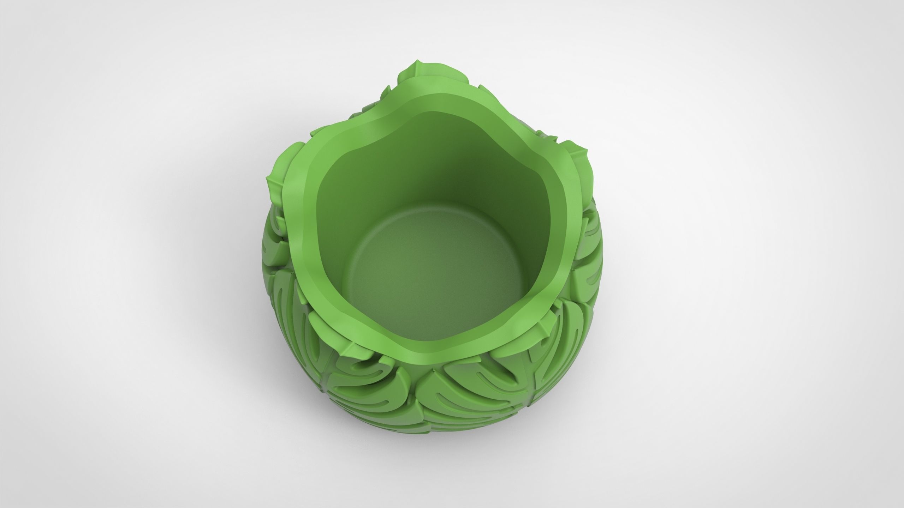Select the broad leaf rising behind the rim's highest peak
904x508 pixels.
[x=434, y=71]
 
